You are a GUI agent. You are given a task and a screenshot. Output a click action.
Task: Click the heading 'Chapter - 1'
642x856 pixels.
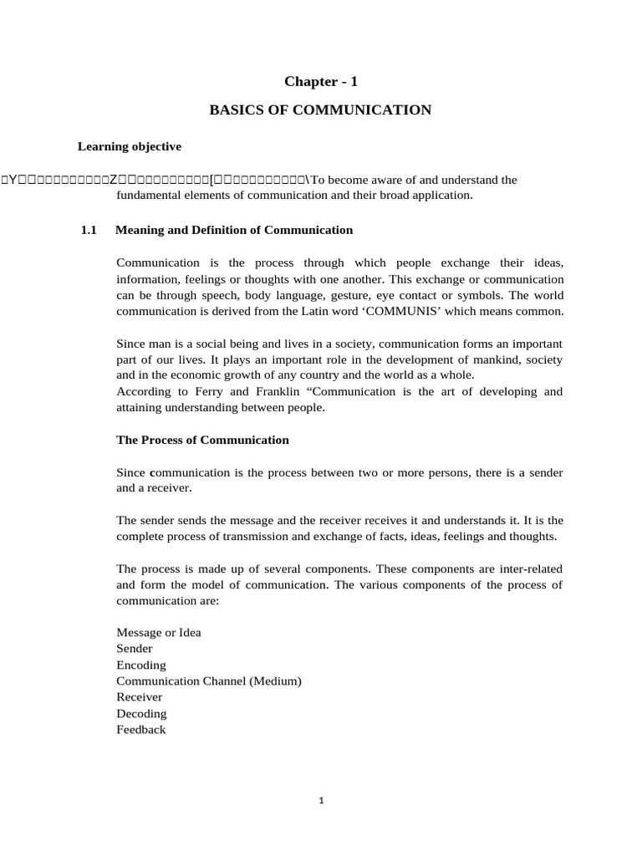[x=320, y=81]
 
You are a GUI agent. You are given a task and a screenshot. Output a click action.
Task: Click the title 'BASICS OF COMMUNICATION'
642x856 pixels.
[x=320, y=110]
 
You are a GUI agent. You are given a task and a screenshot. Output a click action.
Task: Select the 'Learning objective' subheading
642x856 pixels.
[x=130, y=146]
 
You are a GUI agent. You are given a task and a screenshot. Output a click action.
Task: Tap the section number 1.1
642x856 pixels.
[x=89, y=230]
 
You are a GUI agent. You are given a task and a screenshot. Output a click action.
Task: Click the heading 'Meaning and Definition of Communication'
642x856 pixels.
[x=234, y=230]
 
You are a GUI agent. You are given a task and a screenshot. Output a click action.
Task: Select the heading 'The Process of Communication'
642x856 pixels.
[x=202, y=440]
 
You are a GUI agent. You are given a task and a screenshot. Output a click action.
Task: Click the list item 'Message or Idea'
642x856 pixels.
[x=159, y=633]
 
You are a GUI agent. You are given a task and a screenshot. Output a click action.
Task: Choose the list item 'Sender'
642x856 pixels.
[x=135, y=649]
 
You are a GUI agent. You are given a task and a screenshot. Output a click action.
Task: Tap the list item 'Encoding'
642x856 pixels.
[x=141, y=665]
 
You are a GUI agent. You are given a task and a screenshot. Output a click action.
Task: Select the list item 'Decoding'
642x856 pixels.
[x=142, y=714]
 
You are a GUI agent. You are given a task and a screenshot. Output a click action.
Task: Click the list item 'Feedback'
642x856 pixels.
[x=141, y=730]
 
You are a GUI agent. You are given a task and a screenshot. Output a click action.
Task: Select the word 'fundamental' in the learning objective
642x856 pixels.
[x=150, y=196]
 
